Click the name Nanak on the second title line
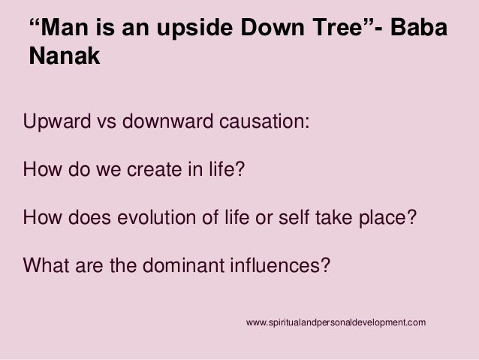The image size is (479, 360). point(65,56)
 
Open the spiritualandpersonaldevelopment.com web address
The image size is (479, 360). point(336,322)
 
